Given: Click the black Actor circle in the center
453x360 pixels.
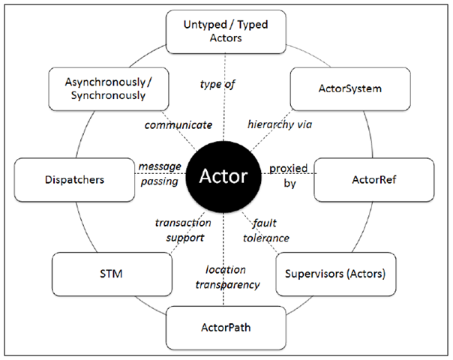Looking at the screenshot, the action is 223,176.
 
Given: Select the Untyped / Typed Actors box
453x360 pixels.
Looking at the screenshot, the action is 226,31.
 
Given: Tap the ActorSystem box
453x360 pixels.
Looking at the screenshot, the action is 350,89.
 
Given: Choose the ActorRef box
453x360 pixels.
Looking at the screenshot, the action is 373,180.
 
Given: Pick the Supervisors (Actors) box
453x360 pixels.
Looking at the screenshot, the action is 336,274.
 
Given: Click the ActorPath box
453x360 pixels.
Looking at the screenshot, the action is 226,328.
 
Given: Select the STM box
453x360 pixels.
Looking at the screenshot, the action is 112,274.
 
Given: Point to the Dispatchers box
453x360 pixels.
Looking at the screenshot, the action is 74,180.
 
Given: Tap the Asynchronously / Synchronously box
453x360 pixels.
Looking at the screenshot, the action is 109,89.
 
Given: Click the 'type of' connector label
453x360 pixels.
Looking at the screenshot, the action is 217,84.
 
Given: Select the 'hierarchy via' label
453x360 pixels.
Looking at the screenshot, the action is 280,124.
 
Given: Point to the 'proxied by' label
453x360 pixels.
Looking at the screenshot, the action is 289,175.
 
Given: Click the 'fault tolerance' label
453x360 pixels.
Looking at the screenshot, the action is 265,230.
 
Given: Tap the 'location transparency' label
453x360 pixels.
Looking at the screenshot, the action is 228,277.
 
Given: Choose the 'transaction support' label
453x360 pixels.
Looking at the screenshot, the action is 183,230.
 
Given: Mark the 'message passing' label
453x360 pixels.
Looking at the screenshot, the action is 160,174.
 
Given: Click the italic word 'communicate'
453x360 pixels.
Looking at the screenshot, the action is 178,125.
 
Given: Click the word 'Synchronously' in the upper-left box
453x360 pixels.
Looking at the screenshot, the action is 108,96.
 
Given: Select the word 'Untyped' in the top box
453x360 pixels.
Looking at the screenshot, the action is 205,25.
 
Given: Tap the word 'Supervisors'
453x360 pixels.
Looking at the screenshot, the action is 313,274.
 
